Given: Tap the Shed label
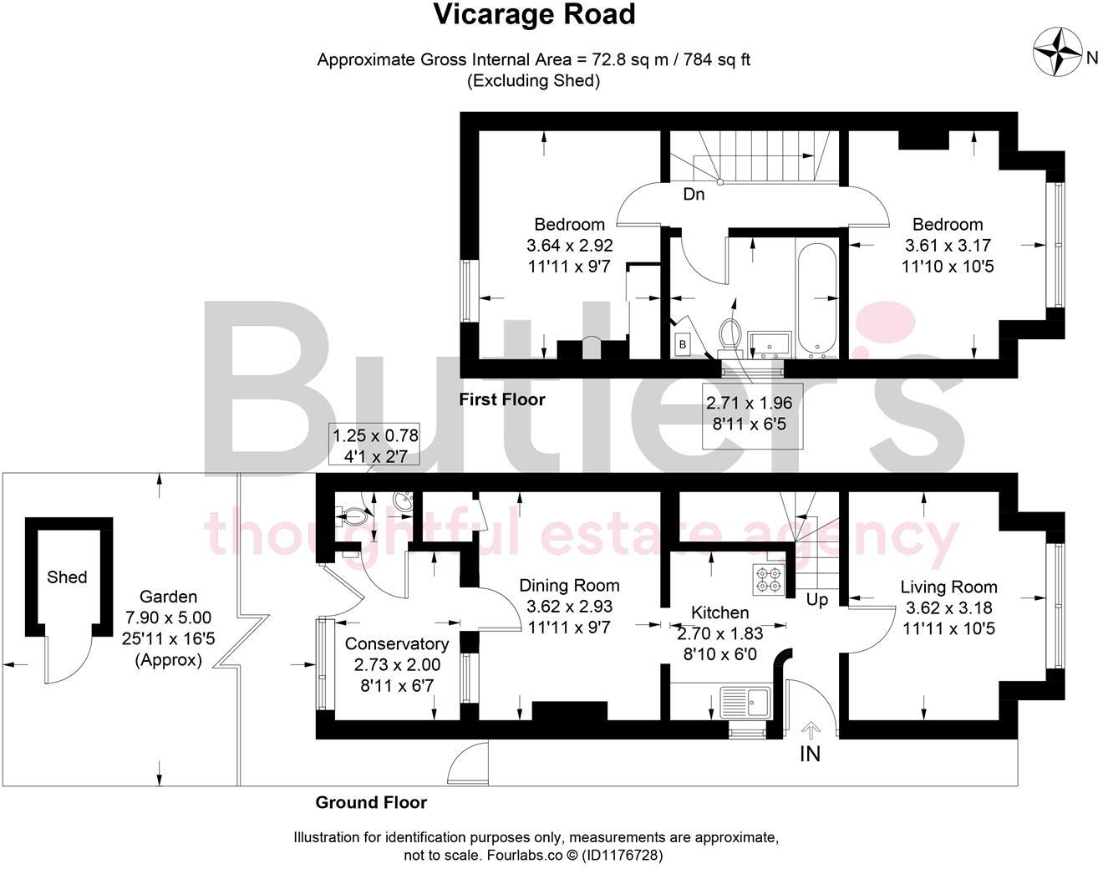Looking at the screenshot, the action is [67, 577].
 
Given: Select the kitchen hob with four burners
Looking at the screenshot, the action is [768, 579].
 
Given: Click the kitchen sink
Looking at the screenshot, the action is [745, 702].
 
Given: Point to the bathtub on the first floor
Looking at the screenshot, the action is [817, 301].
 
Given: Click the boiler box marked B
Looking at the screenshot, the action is [682, 344].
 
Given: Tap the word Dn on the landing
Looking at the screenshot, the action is [694, 195].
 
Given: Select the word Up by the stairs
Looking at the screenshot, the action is [817, 599].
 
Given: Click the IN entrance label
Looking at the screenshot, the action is [810, 754].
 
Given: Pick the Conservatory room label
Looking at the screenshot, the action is [397, 643].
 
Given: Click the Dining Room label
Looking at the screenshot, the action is [569, 586].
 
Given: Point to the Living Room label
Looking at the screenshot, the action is [948, 587].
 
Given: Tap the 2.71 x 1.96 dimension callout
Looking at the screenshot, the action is [750, 414].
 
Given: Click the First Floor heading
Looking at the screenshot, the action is [502, 399].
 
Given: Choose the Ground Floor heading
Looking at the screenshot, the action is [371, 802].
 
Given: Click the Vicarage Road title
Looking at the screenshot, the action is [535, 14].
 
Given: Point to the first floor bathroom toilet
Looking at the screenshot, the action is [729, 336].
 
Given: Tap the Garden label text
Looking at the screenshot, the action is [168, 597].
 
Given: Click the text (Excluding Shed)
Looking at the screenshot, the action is [534, 81].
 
